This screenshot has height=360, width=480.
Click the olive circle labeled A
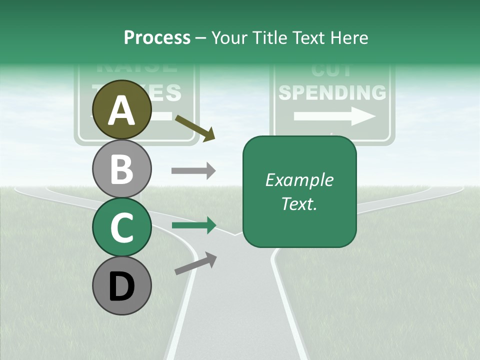(x=122, y=109)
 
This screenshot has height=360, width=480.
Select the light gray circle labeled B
(x=122, y=169)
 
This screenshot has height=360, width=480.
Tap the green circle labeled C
(x=122, y=227)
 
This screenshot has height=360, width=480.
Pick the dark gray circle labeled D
(x=122, y=285)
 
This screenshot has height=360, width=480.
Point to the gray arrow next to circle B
(x=193, y=170)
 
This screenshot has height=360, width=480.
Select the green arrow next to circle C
(x=193, y=225)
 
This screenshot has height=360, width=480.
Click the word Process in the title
(x=157, y=37)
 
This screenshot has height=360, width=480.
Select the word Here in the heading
(x=350, y=37)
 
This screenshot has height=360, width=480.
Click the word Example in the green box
(x=299, y=180)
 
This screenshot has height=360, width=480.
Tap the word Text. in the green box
(x=299, y=203)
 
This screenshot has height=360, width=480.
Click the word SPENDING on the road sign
(x=332, y=93)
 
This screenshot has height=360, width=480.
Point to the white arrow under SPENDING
(x=334, y=116)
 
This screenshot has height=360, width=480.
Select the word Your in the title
(x=229, y=37)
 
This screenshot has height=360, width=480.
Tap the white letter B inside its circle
(x=122, y=169)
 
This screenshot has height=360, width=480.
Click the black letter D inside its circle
(x=122, y=286)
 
